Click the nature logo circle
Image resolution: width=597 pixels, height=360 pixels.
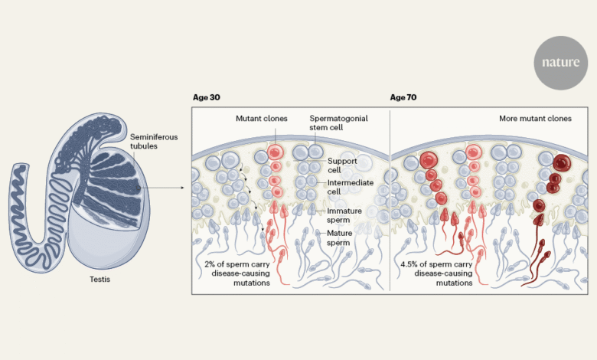(x=560, y=63)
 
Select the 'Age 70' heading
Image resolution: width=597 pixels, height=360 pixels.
(x=405, y=98)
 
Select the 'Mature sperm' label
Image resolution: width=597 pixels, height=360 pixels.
(x=339, y=237)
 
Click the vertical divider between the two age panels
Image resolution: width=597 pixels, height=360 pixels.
(x=390, y=199)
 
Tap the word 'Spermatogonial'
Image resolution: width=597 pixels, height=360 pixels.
(x=334, y=119)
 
